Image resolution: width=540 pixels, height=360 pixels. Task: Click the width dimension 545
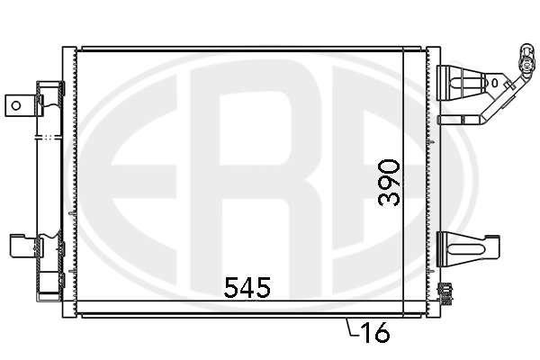click(x=247, y=287)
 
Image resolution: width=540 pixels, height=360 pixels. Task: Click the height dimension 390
click(x=389, y=183)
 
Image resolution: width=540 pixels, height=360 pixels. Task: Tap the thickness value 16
click(x=374, y=332)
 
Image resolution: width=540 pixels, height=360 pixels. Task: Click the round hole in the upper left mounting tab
click(x=16, y=105)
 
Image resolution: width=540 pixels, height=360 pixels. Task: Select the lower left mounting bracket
click(x=23, y=246)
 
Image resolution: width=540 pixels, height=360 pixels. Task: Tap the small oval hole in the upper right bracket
click(x=495, y=83)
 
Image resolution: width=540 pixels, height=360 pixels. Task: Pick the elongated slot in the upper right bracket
click(x=468, y=83)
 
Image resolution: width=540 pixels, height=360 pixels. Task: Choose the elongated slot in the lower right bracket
click(x=464, y=250)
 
